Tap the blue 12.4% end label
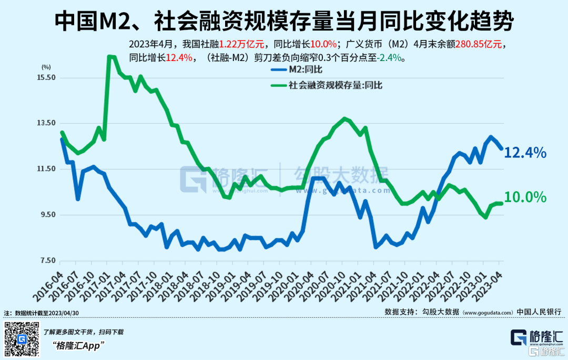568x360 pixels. click(x=525, y=153)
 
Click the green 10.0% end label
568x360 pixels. click(x=525, y=197)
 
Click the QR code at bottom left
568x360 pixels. click(x=22, y=339)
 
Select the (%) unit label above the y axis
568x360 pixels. click(x=46, y=67)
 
